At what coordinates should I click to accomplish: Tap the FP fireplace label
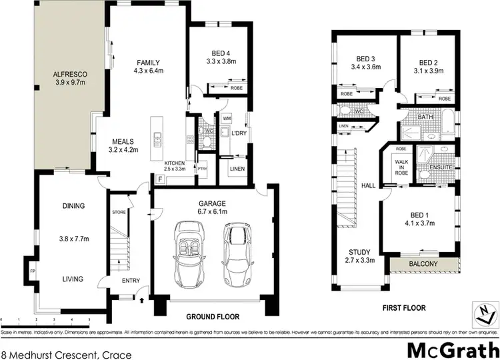[32, 271]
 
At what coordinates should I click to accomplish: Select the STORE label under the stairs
[119, 211]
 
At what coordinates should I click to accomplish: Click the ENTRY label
[131, 280]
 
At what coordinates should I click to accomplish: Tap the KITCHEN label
[175, 164]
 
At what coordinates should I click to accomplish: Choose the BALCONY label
[424, 265]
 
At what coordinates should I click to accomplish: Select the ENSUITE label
[441, 167]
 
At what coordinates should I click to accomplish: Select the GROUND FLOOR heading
[213, 317]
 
